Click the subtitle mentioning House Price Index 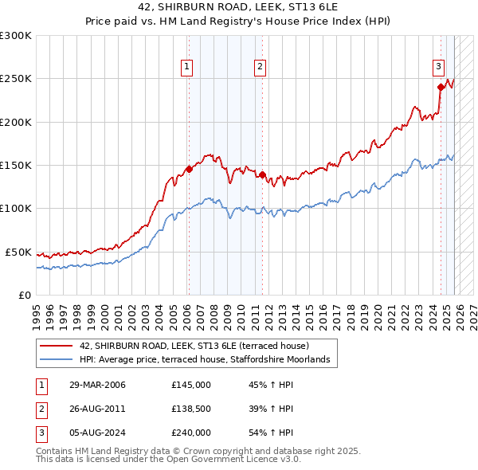point(239,22)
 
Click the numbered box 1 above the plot point(187,67)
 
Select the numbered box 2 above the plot point(261,67)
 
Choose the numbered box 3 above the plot point(439,67)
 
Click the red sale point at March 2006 point(189,169)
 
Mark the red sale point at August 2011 point(263,175)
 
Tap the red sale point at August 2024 point(440,88)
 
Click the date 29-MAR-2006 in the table point(99,385)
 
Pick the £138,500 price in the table point(191,409)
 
